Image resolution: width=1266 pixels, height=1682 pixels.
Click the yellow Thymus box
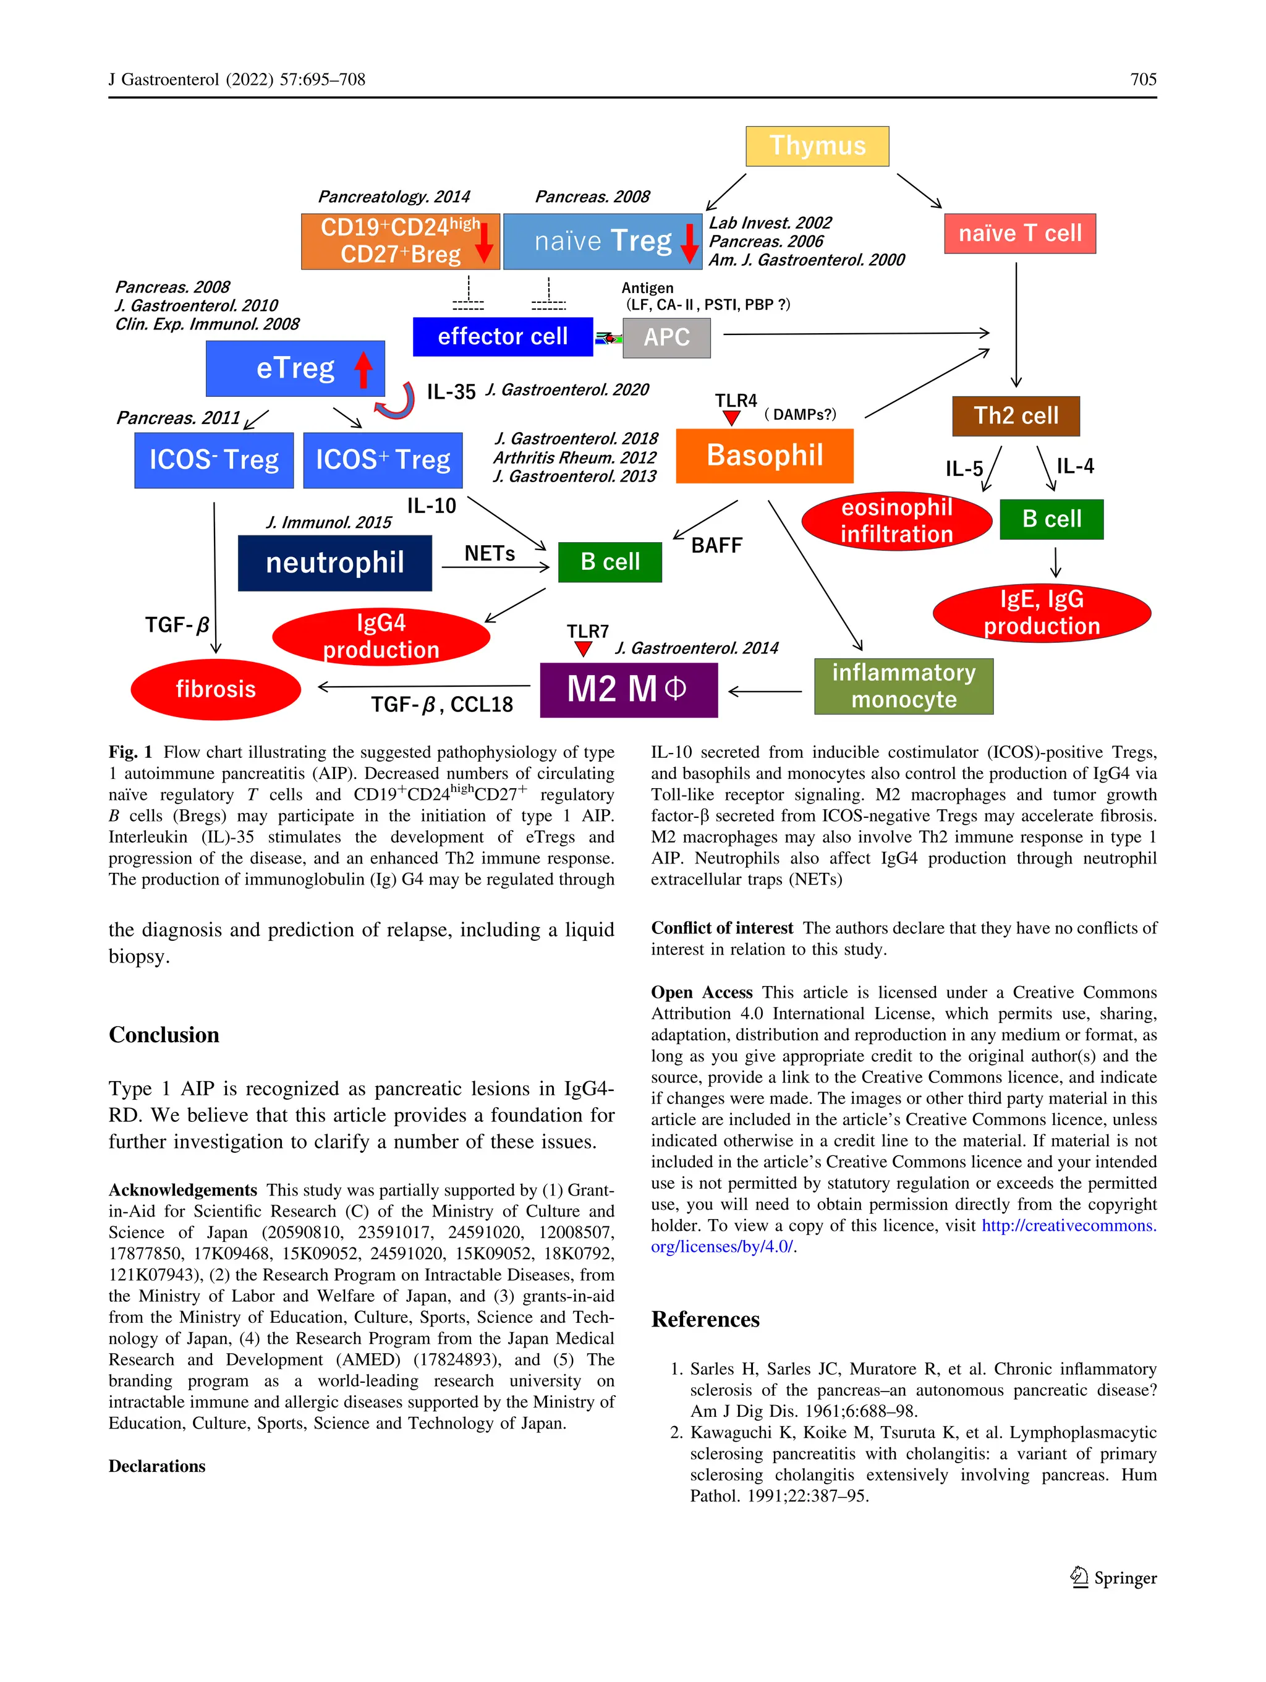tap(817, 146)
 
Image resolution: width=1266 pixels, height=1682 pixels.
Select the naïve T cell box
tap(1019, 234)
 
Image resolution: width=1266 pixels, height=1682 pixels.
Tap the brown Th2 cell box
tap(1015, 416)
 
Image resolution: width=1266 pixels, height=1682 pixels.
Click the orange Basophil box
tap(764, 456)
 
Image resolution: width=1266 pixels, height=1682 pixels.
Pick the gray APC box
tap(666, 337)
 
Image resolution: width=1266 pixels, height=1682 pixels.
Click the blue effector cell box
tap(502, 337)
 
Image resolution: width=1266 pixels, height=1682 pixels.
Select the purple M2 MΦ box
tap(628, 690)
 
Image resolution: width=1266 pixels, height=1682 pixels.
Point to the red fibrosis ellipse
tap(215, 689)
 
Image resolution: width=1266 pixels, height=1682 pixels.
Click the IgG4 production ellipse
tap(381, 637)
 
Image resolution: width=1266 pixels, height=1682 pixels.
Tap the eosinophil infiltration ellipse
tap(896, 521)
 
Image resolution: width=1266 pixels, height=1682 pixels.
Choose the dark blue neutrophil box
tap(334, 563)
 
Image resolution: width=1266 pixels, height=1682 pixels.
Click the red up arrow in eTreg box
tap(364, 370)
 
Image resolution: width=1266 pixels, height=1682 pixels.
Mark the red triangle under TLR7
tap(583, 648)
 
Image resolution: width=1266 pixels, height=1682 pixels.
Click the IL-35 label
tap(450, 393)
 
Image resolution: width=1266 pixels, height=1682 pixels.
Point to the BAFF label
tap(716, 545)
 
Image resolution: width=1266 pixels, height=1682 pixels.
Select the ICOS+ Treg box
tap(383, 460)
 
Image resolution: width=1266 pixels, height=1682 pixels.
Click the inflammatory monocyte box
tap(903, 686)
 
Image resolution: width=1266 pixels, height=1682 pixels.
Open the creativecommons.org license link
tap(1068, 1226)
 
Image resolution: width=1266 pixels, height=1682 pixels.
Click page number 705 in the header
tap(1143, 79)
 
